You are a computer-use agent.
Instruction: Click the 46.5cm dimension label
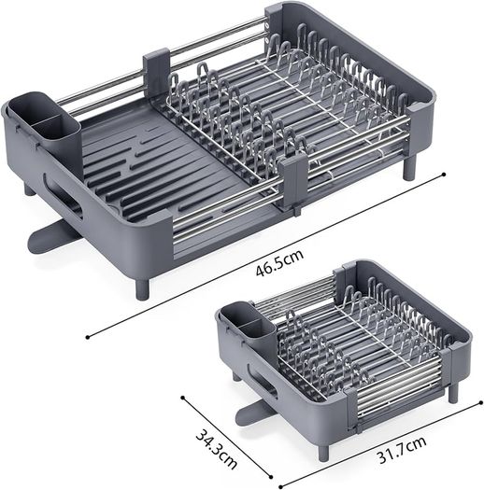[x=279, y=263]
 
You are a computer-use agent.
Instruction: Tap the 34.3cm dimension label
[x=217, y=449]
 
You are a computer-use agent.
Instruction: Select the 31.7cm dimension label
[x=402, y=450]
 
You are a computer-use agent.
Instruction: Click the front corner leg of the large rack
[x=142, y=289]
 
